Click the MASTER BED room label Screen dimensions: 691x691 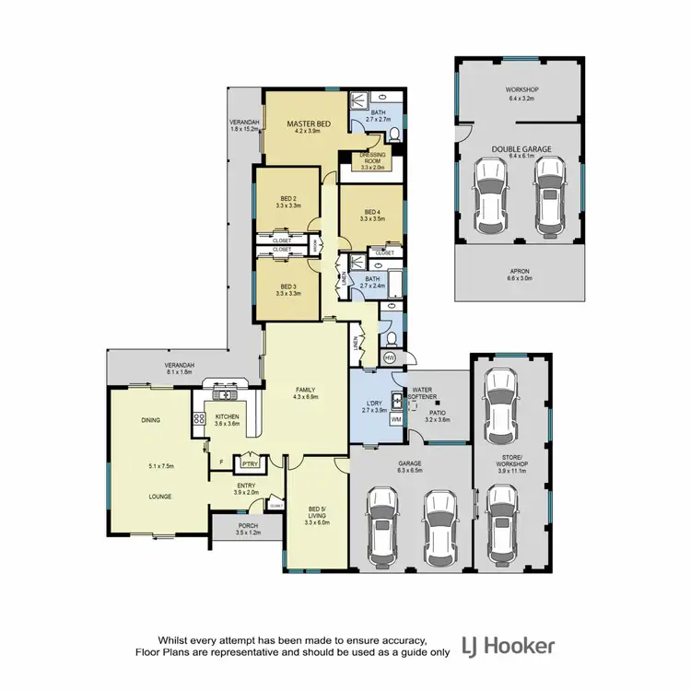tap(308, 123)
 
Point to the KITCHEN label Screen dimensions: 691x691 tap(227, 416)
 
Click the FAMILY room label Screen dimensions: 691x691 tap(304, 389)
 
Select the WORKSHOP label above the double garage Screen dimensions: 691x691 tap(521, 89)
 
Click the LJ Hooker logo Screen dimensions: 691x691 tap(508, 646)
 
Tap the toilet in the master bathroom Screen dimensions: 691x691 tap(393, 135)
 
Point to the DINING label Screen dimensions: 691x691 tap(151, 420)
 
